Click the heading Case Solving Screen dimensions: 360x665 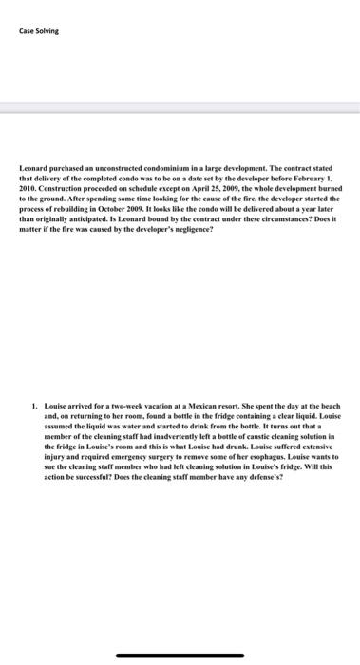click(x=39, y=29)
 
